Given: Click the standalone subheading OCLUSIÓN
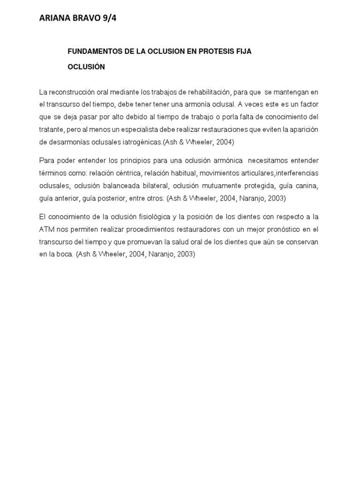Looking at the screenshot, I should click(x=86, y=67).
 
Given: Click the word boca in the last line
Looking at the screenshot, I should click(x=64, y=254).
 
